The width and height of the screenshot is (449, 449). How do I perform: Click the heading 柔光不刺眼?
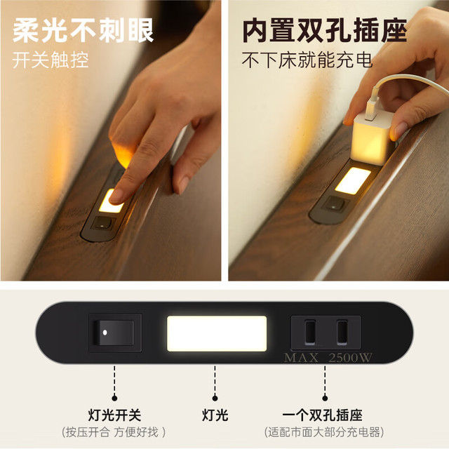(x=83, y=30)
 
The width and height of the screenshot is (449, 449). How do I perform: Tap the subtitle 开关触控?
(x=51, y=60)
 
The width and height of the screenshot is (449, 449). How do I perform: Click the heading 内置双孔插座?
(x=325, y=30)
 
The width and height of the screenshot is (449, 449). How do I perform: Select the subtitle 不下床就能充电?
(x=307, y=60)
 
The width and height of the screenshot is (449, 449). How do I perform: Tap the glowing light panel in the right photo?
(x=353, y=180)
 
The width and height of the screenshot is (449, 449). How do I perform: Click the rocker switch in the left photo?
(x=103, y=224)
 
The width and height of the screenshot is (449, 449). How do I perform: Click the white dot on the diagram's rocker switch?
(x=105, y=333)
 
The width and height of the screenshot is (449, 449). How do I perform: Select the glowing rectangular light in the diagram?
(x=217, y=334)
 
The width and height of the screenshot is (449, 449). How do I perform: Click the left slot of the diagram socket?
(x=310, y=332)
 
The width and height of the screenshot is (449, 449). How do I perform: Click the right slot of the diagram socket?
(x=342, y=332)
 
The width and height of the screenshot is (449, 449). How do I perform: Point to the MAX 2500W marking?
(x=328, y=358)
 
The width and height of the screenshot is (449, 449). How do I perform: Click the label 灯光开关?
(x=114, y=415)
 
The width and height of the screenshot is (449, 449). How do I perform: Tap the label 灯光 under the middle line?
(x=215, y=415)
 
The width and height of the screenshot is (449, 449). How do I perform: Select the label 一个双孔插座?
(x=323, y=415)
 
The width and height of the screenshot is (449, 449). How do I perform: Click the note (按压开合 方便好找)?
(x=114, y=432)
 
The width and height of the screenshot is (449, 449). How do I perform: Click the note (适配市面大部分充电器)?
(x=324, y=432)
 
